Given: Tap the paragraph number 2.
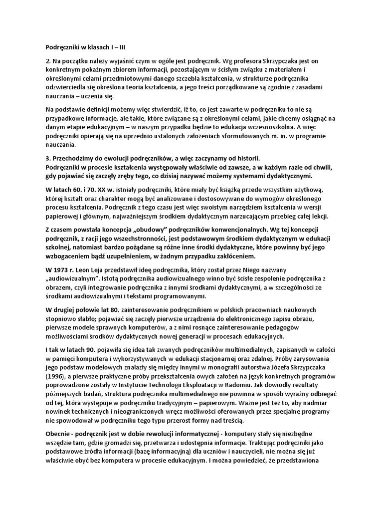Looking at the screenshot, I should point(48,61).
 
